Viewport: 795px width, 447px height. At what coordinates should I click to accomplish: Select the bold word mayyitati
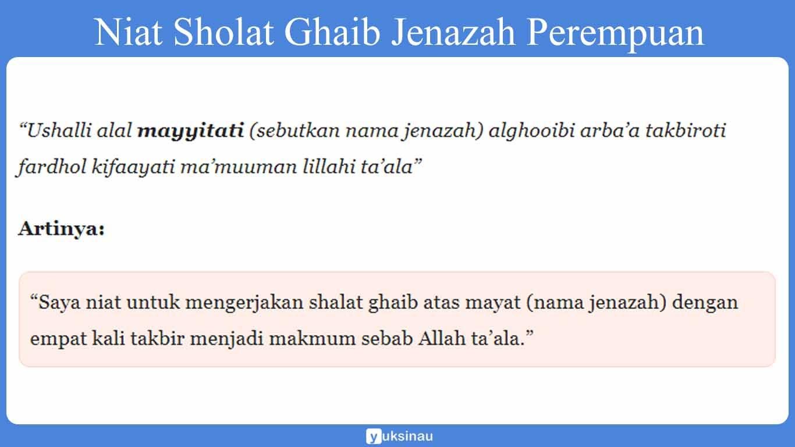coord(190,131)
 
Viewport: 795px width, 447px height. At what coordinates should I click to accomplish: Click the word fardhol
coord(51,168)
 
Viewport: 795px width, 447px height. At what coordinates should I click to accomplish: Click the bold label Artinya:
coord(62,229)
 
